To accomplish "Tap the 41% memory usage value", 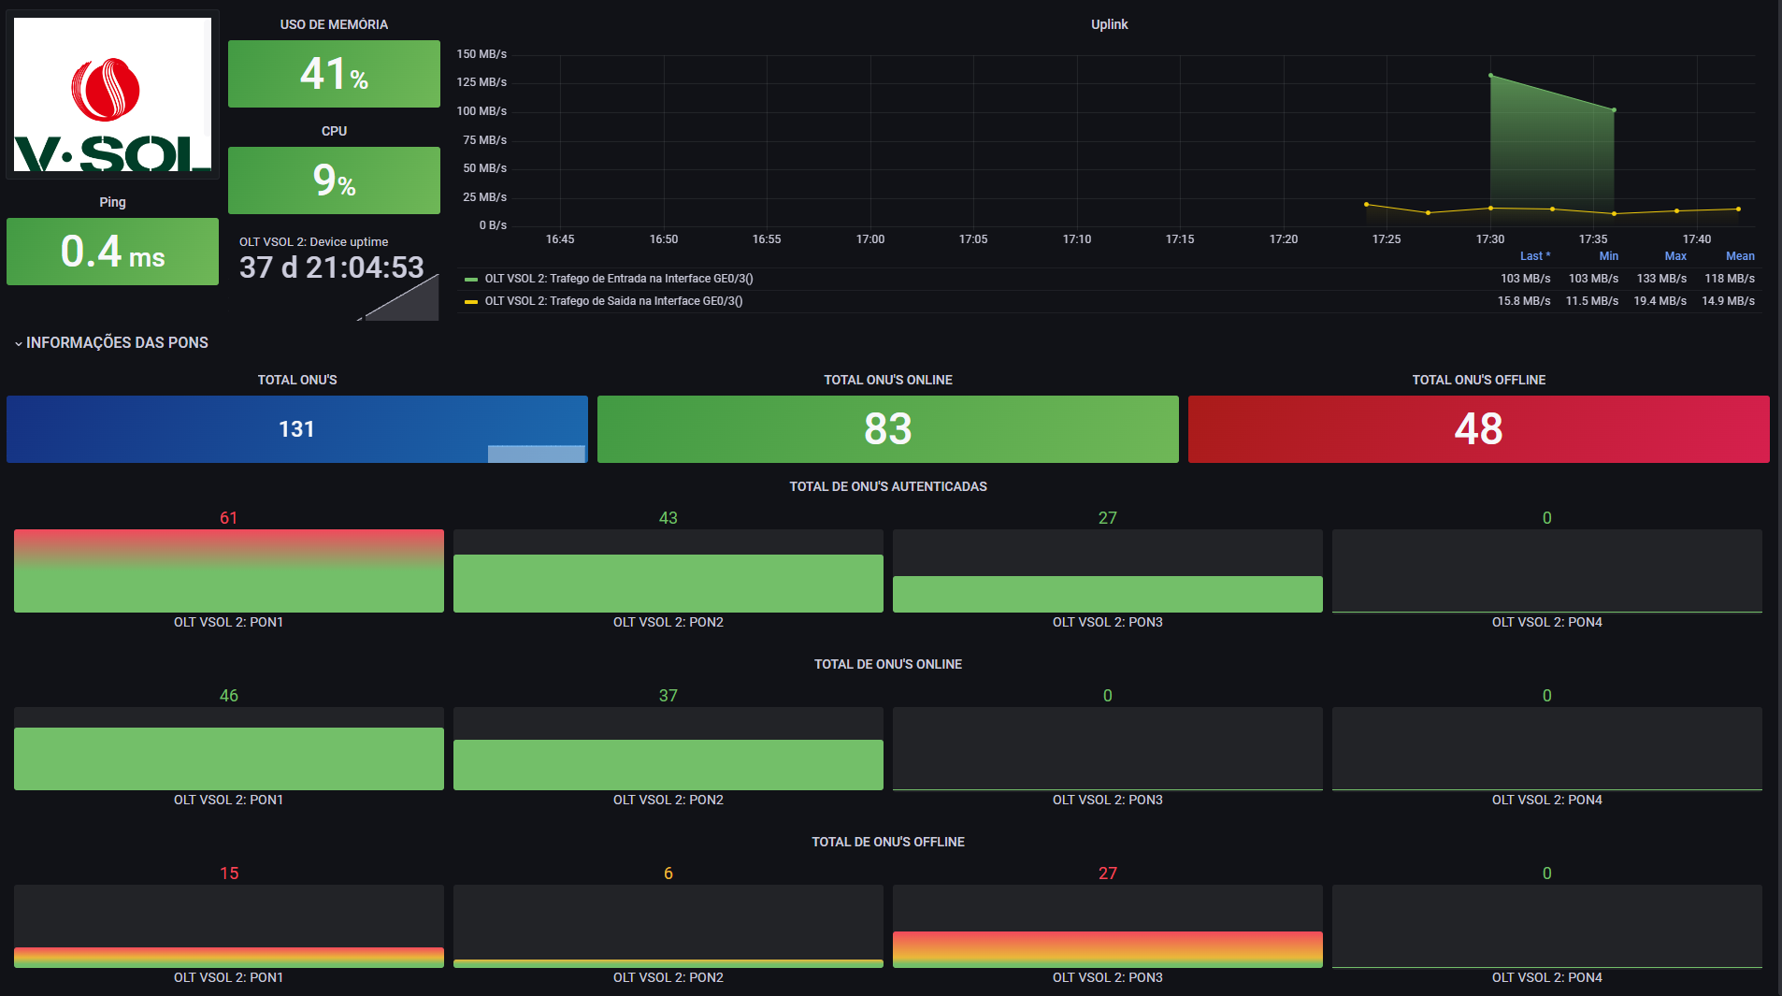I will coord(334,74).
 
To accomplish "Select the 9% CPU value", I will coord(334,180).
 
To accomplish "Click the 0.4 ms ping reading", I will coord(112,252).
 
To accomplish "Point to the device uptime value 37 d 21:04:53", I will coord(332,268).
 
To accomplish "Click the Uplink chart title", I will coord(1109,24).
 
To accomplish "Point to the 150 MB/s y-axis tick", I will coord(481,54).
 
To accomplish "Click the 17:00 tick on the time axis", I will coord(869,239).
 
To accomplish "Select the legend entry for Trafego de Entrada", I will coord(618,279).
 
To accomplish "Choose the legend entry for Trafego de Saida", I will coord(613,301).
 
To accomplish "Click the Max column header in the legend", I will coord(1674,256).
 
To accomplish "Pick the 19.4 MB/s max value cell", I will coord(1660,301).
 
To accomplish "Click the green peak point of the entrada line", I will coord(1490,76).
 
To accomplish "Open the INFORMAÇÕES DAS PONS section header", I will coord(117,343).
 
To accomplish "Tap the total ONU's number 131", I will coord(296,429).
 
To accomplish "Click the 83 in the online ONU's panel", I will coord(887,429).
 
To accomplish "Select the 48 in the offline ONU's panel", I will coord(1478,429).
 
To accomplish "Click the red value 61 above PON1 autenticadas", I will coord(228,518).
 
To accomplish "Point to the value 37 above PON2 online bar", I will coord(668,696).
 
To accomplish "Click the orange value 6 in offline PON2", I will coord(668,873).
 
